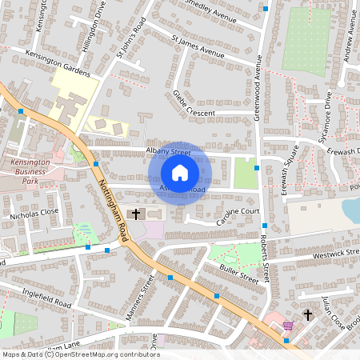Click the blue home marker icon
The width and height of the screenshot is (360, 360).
(x=180, y=172)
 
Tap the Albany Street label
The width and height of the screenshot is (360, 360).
(x=168, y=150)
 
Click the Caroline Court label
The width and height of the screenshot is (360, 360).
(x=238, y=212)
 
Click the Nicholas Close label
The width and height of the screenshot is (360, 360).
(x=34, y=214)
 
